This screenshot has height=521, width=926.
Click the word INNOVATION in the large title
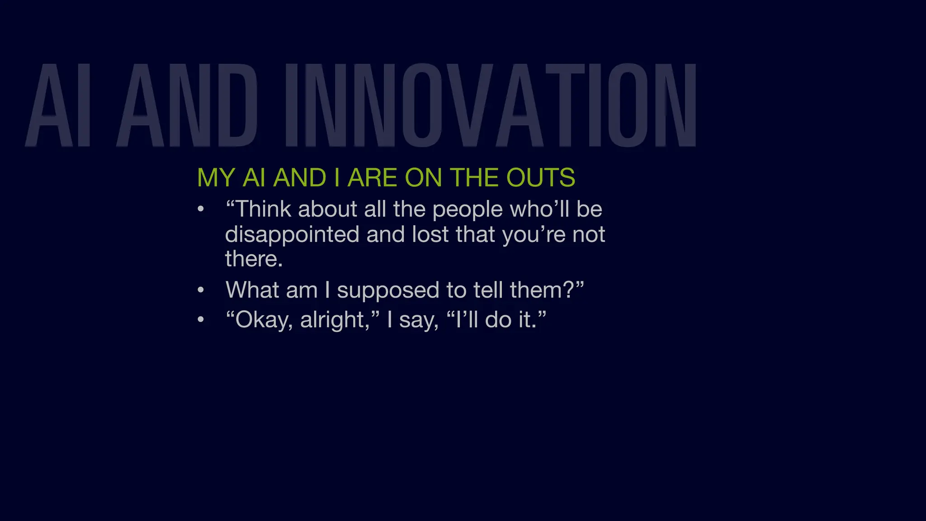click(491, 105)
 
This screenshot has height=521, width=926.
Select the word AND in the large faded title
click(187, 105)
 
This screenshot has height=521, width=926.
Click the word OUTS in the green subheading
click(540, 177)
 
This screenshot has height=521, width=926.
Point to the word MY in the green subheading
click(216, 177)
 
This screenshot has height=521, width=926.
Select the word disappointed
click(292, 234)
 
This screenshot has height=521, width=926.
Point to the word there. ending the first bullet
click(254, 259)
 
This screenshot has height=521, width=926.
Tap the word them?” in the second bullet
click(547, 290)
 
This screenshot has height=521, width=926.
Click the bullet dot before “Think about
click(201, 209)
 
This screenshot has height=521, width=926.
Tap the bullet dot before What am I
click(201, 290)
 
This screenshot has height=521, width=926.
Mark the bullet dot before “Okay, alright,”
click(201, 320)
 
